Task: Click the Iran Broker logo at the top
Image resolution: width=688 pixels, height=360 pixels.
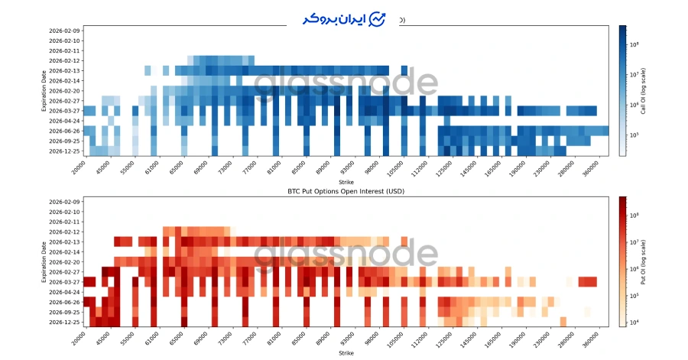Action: click(344, 18)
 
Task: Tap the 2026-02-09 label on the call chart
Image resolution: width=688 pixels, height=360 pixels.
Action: click(65, 30)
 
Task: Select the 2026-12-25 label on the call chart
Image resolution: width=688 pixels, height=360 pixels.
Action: click(65, 151)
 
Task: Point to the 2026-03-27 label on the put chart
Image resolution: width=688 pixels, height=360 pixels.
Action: click(65, 282)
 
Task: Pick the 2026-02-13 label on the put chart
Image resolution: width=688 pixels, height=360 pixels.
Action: click(65, 242)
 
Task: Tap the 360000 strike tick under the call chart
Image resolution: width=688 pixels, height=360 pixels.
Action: click(592, 167)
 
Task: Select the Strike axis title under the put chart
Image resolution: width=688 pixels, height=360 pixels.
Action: click(345, 352)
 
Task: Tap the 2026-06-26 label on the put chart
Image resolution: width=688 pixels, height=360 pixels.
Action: click(65, 302)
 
